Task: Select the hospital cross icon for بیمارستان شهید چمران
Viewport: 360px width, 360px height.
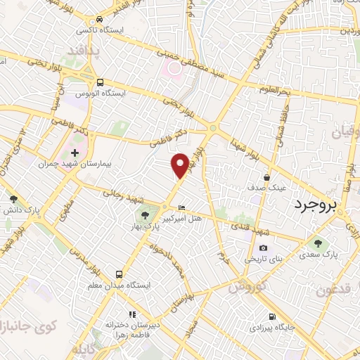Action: [75, 153]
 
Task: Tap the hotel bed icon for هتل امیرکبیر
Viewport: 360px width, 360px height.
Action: [182, 208]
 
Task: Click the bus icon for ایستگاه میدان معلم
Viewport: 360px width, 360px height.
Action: [119, 274]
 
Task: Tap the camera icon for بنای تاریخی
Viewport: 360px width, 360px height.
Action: [263, 247]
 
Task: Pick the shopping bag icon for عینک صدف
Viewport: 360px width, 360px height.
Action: [266, 177]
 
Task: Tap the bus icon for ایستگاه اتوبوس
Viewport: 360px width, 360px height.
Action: [100, 82]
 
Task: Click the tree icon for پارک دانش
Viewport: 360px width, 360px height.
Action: [13, 198]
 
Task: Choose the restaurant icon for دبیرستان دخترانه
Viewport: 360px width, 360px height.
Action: [131, 314]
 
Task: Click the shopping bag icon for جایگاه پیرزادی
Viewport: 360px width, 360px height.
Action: [271, 316]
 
